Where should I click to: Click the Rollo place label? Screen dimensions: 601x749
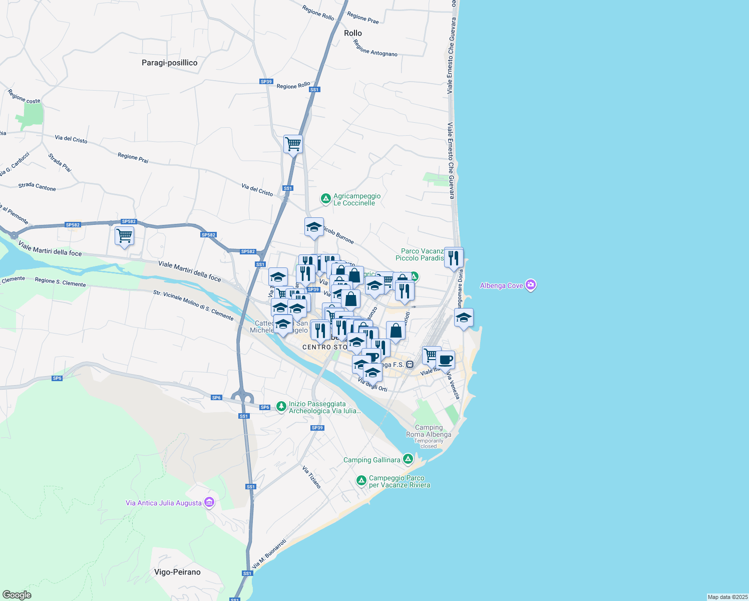352,33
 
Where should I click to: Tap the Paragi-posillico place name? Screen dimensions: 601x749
169,63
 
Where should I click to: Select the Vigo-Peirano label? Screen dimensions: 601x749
177,572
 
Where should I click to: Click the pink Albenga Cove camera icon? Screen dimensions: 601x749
531,285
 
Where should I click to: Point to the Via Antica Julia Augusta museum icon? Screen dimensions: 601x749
209,502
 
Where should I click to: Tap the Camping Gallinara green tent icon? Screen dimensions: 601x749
408,459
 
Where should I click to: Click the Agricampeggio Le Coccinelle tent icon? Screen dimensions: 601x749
326,199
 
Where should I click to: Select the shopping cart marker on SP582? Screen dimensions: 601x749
124,235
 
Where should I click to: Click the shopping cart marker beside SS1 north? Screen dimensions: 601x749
293,144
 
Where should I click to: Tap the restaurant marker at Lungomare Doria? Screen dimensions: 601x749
454,258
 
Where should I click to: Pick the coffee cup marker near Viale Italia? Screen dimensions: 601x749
445,359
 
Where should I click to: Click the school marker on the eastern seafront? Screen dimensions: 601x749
464,318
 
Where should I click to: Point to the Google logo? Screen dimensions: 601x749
17,594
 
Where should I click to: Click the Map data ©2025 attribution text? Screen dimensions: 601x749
727,597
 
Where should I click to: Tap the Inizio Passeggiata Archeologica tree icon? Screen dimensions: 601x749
281,406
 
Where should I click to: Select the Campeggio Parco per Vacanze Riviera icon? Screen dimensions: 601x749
361,481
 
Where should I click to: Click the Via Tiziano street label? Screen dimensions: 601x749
311,477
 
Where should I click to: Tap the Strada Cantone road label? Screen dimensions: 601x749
37,186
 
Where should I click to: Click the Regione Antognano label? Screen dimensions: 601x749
375,48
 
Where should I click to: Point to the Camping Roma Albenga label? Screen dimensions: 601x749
429,431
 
